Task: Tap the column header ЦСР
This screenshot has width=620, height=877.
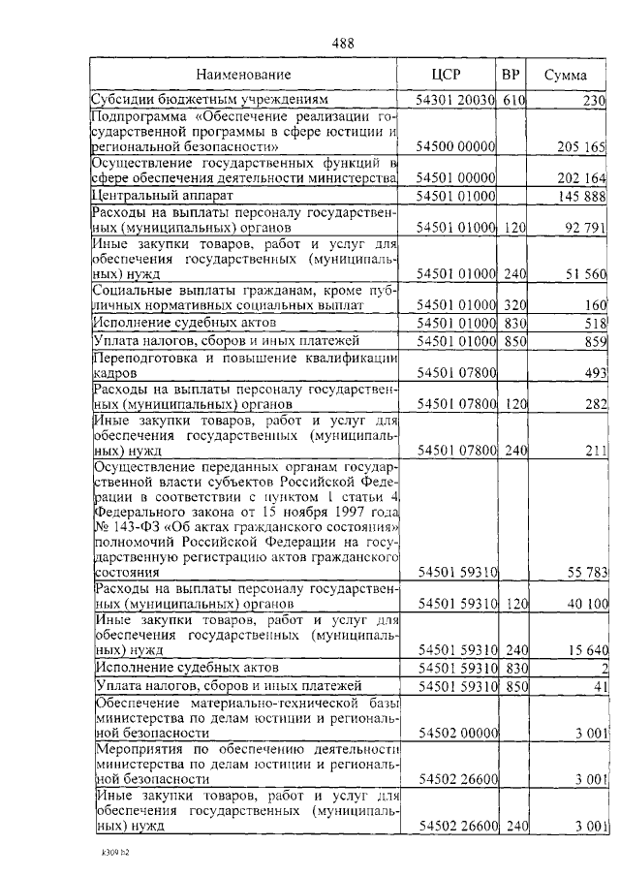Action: tap(447, 74)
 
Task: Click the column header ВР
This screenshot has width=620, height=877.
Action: tap(510, 74)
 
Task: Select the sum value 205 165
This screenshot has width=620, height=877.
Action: tap(581, 146)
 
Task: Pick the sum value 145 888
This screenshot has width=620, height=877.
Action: tap(581, 196)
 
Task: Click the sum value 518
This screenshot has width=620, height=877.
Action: tap(595, 322)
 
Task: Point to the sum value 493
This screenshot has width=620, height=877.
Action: tap(594, 372)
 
